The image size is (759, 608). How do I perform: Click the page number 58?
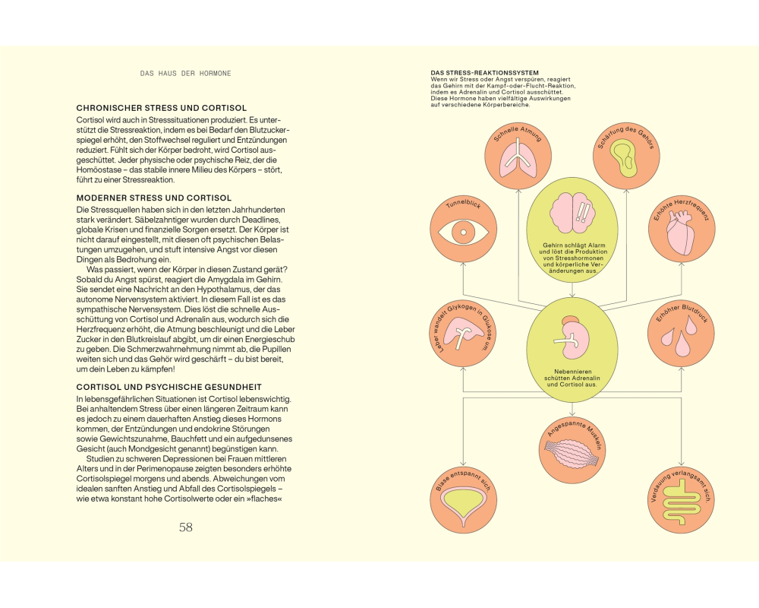(186, 527)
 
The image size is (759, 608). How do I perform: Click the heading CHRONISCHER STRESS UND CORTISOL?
(162, 108)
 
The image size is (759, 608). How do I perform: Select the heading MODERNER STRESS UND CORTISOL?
(154, 198)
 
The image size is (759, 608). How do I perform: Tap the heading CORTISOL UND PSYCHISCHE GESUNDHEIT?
(169, 387)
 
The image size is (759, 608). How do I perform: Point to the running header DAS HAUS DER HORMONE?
(185, 73)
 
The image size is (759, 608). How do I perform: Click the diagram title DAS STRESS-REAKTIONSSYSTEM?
(484, 73)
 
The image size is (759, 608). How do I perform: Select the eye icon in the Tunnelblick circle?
(463, 233)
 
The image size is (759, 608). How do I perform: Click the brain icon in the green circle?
(572, 214)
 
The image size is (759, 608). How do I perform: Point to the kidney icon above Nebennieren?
(572, 335)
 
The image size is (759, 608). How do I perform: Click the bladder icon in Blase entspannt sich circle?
(463, 508)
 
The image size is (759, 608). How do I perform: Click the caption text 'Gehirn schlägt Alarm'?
(574, 245)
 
